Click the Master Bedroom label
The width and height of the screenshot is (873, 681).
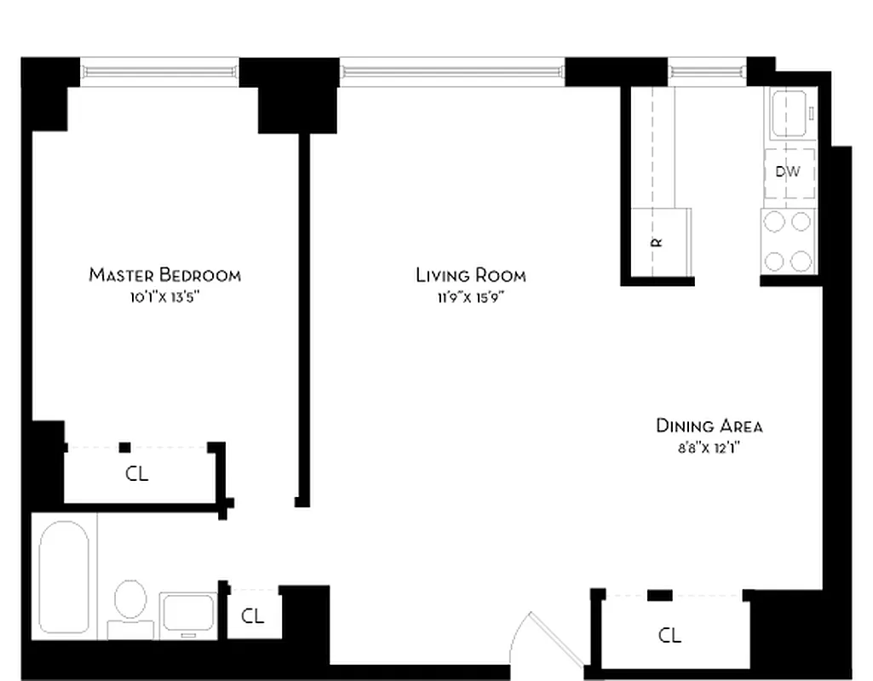[x=164, y=275]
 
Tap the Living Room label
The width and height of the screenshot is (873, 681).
[x=470, y=275]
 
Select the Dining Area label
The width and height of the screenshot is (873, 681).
[x=709, y=426]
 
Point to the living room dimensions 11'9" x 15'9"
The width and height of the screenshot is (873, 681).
[x=470, y=297]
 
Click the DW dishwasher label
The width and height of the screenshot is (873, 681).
[x=788, y=172]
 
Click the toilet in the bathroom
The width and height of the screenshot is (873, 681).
[x=130, y=604]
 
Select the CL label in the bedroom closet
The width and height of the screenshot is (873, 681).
[x=136, y=474]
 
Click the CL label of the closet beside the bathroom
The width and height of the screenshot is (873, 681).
[x=252, y=615]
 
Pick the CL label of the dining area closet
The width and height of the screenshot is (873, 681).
[x=669, y=635]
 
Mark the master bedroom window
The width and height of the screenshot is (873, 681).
[x=160, y=72]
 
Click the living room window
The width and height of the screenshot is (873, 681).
[x=452, y=72]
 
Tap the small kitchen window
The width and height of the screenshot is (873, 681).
[x=707, y=72]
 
